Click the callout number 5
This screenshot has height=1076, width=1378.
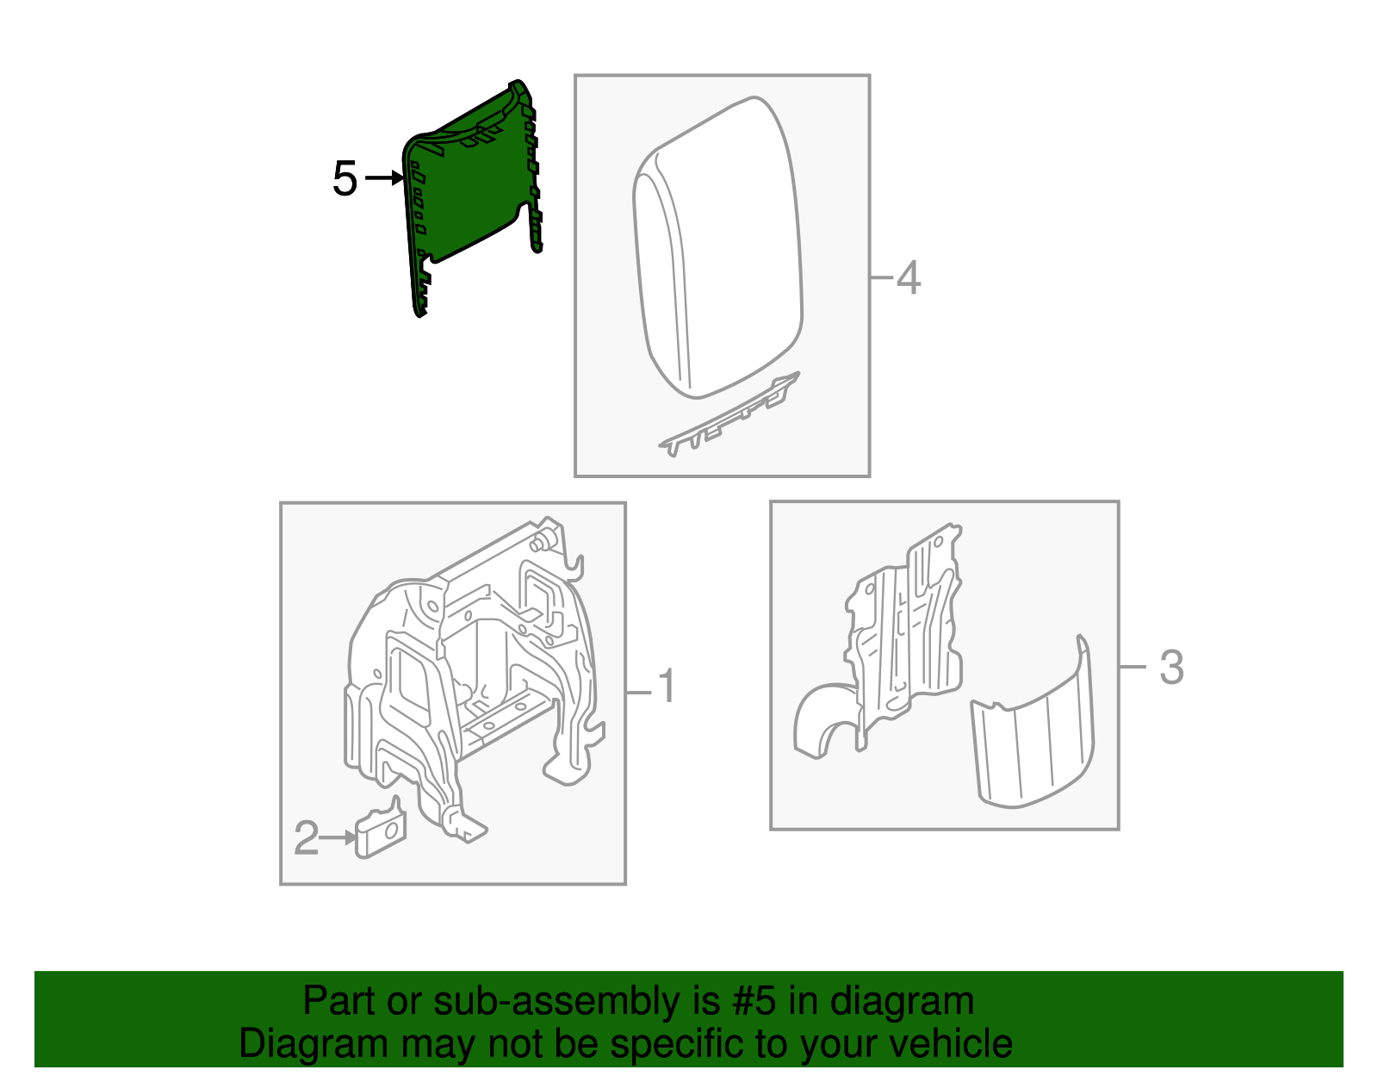[x=344, y=179]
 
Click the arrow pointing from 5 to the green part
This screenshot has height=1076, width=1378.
[x=384, y=178]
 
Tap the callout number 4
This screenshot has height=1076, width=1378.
[x=909, y=278]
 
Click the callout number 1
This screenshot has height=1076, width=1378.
[x=667, y=687]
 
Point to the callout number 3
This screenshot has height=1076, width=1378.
[x=1171, y=668]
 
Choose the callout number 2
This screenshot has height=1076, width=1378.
[x=307, y=838]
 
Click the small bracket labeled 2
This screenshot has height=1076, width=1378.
[x=380, y=832]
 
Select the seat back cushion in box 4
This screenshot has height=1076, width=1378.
[x=719, y=250]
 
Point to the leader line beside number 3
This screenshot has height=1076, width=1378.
[x=1133, y=667]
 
